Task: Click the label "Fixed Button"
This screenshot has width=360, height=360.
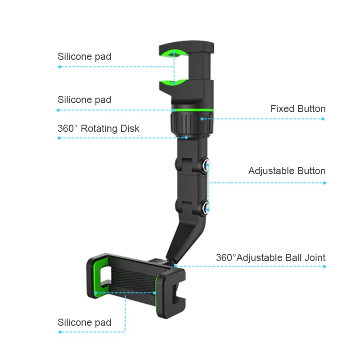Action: coord(298,109)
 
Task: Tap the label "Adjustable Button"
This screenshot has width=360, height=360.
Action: coord(287,171)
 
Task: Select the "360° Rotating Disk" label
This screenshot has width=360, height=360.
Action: coord(98,129)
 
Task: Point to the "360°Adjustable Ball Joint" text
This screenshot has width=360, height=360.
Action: coord(270,258)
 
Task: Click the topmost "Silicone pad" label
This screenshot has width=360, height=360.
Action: coord(84,57)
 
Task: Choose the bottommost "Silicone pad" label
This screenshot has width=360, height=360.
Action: coord(84,322)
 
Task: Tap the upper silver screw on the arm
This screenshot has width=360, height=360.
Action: coord(207,166)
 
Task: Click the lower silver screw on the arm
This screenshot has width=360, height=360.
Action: coord(207,207)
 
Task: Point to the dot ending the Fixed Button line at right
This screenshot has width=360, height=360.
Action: coord(323,119)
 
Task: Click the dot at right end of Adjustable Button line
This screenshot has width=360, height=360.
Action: coord(324,183)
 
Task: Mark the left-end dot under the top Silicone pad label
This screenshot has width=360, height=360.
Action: coord(59,67)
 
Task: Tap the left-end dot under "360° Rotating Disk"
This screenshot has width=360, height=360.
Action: coord(59,138)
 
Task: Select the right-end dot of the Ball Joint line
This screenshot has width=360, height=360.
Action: coord(324,266)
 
